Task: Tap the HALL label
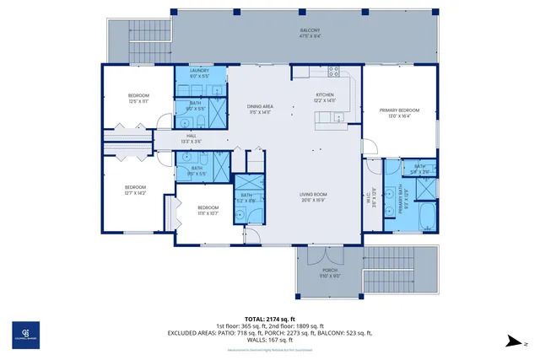[191, 138]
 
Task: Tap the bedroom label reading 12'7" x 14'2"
[135, 190]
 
